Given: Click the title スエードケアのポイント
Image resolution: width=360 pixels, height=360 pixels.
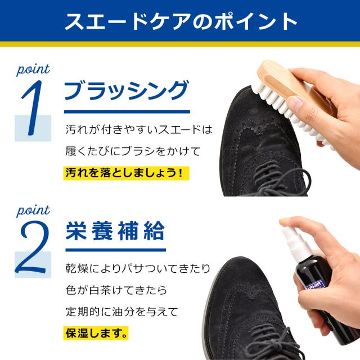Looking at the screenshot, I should (x=180, y=21).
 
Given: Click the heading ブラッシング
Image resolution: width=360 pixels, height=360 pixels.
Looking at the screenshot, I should (x=124, y=90).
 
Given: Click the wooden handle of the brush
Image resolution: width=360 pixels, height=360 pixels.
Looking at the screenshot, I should (x=281, y=79).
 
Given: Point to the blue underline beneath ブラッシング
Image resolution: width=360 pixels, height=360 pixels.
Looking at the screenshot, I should (x=124, y=111).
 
